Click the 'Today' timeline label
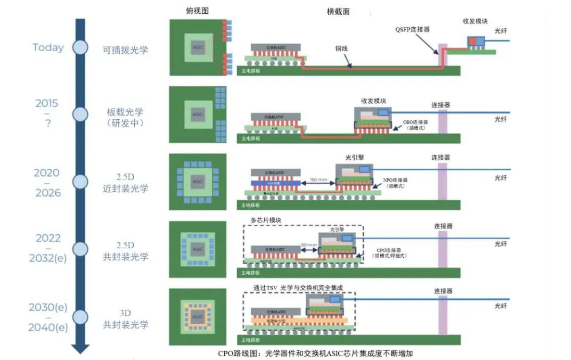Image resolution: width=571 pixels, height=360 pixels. click(x=48, y=47)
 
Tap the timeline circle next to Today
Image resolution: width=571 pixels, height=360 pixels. click(x=80, y=47)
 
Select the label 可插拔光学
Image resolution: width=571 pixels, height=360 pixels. click(x=125, y=51)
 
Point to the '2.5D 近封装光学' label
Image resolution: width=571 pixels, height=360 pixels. click(x=125, y=182)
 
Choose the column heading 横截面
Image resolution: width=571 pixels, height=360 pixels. click(x=338, y=11)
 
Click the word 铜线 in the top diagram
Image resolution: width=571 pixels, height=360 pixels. click(x=341, y=48)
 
